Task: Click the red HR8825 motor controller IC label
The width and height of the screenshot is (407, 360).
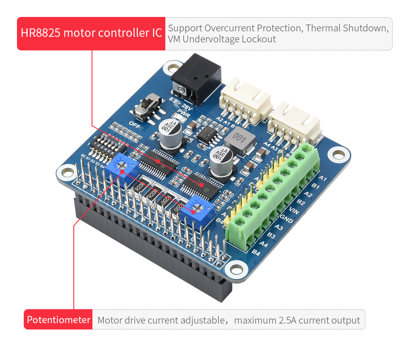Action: pos(91,33)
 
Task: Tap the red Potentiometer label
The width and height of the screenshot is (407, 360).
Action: pos(59,320)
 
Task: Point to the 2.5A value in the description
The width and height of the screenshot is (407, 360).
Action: pos(287,321)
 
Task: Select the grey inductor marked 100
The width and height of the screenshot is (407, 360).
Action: pos(239,139)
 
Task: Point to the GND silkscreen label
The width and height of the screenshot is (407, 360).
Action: pos(287,219)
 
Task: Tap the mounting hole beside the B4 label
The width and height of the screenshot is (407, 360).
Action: pos(236,269)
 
